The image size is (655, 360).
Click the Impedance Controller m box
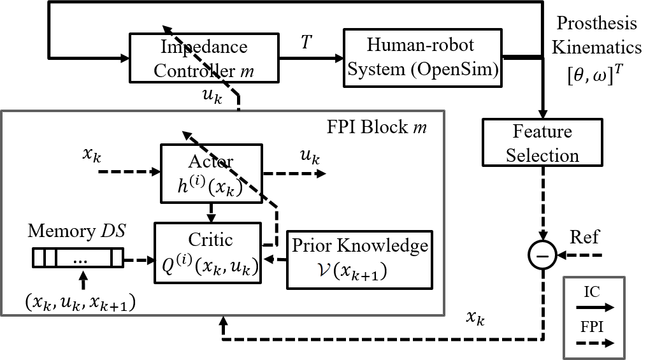tap(204, 57)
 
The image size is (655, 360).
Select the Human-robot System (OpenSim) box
tap(421, 57)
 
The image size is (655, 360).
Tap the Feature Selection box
tap(542, 143)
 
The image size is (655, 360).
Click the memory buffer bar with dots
tap(77, 260)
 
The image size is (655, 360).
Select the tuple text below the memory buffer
tap(81, 302)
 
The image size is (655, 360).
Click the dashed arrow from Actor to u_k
tap(294, 172)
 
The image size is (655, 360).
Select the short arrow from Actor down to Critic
tap(211, 211)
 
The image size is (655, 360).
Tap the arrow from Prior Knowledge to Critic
tap(276, 259)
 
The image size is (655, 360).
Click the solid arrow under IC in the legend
tap(595, 307)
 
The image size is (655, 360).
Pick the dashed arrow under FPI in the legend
tap(595, 342)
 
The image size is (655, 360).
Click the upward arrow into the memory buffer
tap(81, 279)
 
